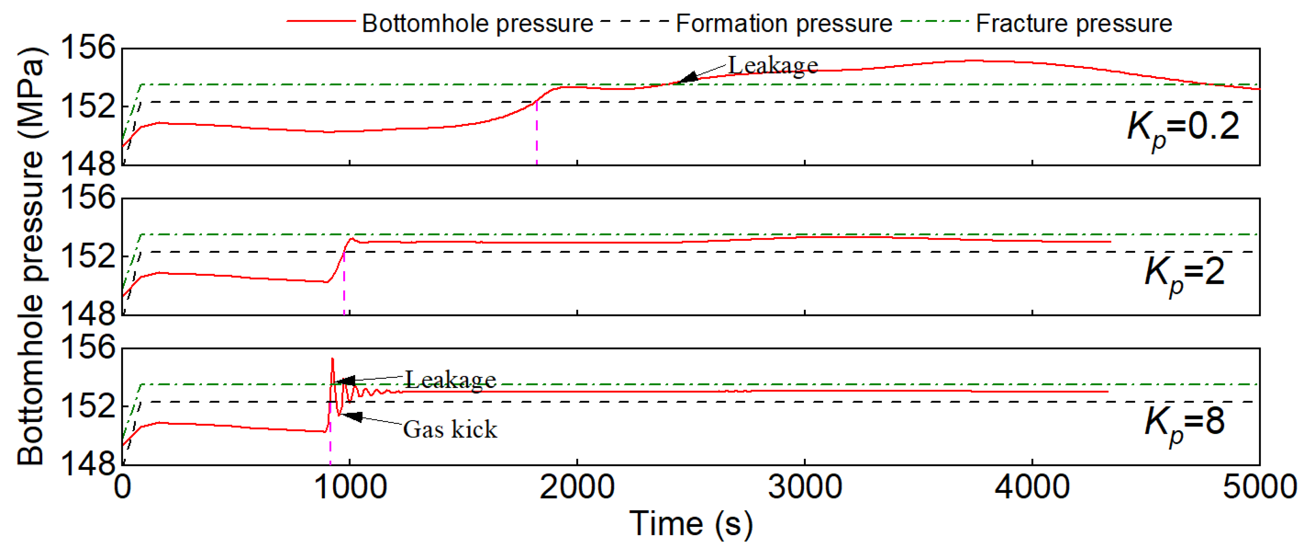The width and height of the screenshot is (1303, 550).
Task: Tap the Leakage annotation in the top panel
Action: [x=772, y=66]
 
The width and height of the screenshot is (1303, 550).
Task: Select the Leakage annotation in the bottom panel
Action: [x=450, y=380]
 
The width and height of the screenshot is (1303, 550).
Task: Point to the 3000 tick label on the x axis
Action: [x=804, y=487]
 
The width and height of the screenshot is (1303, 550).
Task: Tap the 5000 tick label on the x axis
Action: [x=1260, y=487]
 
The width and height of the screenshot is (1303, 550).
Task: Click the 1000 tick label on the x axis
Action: [x=350, y=487]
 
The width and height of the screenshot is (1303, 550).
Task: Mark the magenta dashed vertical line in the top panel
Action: [x=536, y=137]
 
